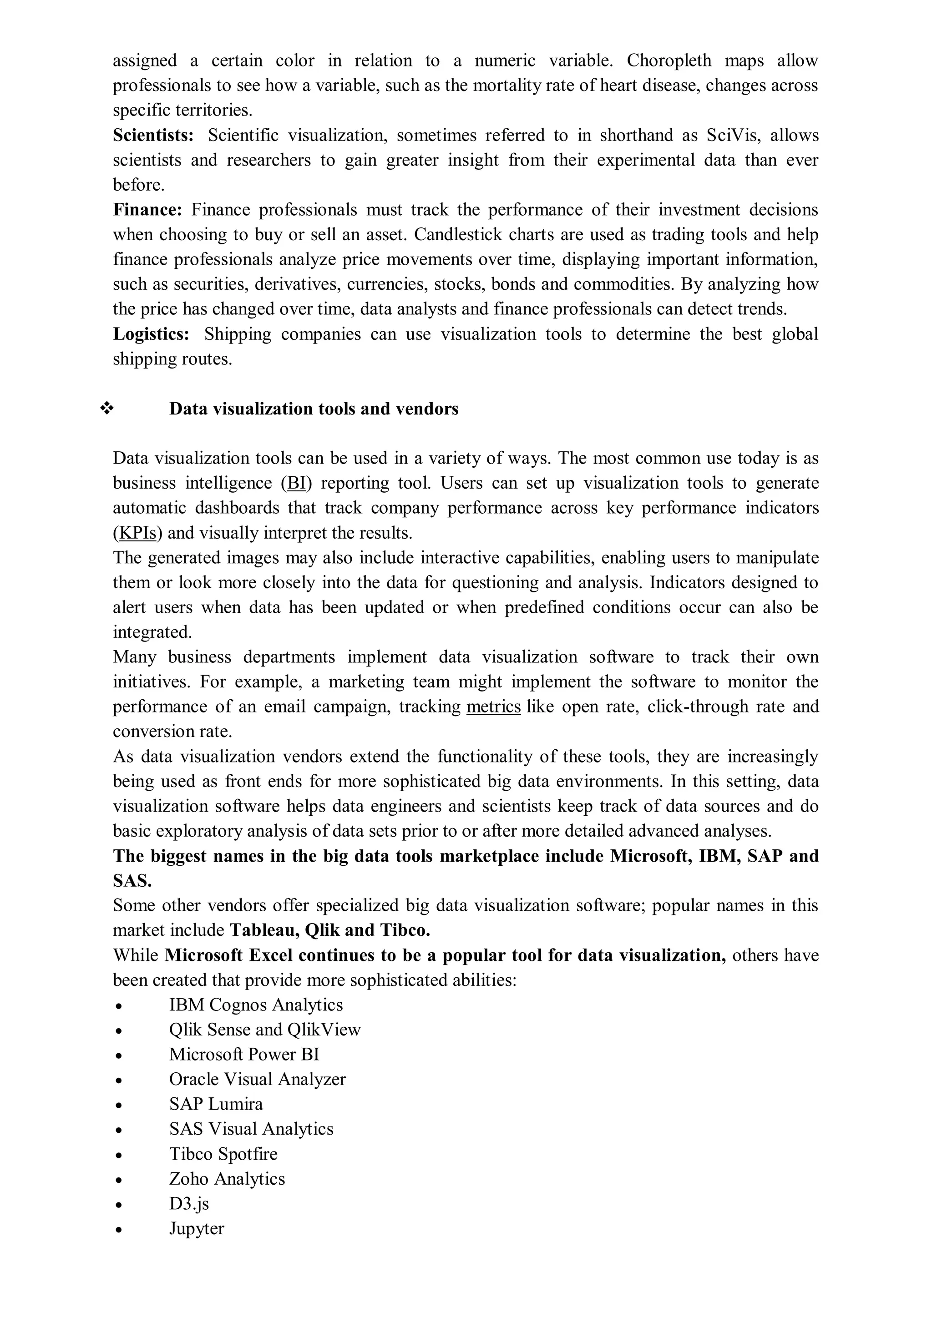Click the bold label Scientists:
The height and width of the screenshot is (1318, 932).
click(x=153, y=136)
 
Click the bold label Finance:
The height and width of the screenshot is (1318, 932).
click(x=147, y=210)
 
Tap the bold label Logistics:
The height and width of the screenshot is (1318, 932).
click(x=151, y=334)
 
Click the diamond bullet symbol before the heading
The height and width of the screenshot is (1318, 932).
click(x=107, y=409)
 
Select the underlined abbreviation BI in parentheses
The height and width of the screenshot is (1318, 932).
click(x=296, y=483)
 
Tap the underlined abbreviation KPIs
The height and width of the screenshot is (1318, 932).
click(x=137, y=533)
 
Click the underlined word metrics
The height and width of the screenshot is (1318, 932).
click(x=493, y=707)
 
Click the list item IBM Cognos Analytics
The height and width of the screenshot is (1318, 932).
click(x=256, y=1005)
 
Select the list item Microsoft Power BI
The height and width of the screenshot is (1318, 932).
click(x=244, y=1055)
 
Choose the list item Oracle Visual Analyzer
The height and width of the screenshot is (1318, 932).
click(x=257, y=1079)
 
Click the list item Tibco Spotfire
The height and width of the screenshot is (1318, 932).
click(x=223, y=1154)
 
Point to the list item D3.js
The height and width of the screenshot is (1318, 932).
click(x=189, y=1203)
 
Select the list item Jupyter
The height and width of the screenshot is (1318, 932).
click(x=197, y=1228)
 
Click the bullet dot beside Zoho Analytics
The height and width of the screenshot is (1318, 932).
click(x=118, y=1180)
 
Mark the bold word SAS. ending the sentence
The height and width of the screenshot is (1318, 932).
click(x=132, y=881)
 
